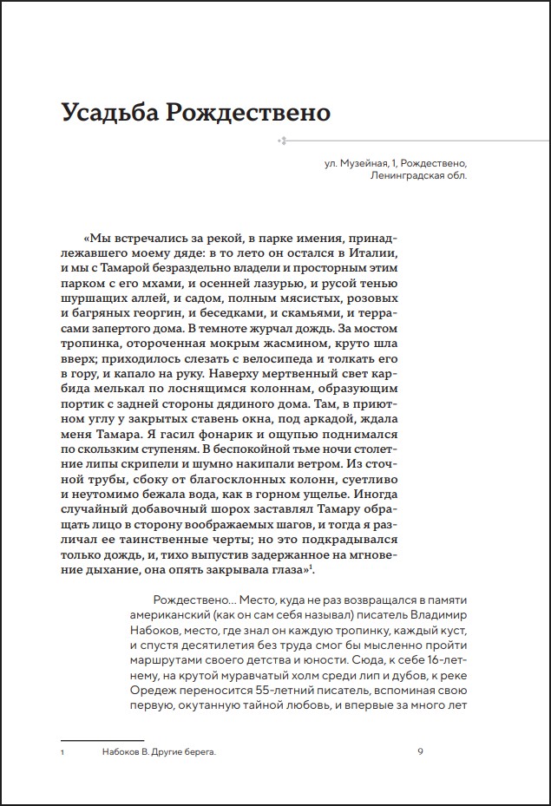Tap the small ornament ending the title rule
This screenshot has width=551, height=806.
point(282,139)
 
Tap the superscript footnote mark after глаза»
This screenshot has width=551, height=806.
point(312,567)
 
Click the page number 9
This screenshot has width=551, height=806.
point(420,751)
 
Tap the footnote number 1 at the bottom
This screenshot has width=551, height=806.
point(63,752)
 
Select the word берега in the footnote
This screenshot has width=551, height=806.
point(197,752)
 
